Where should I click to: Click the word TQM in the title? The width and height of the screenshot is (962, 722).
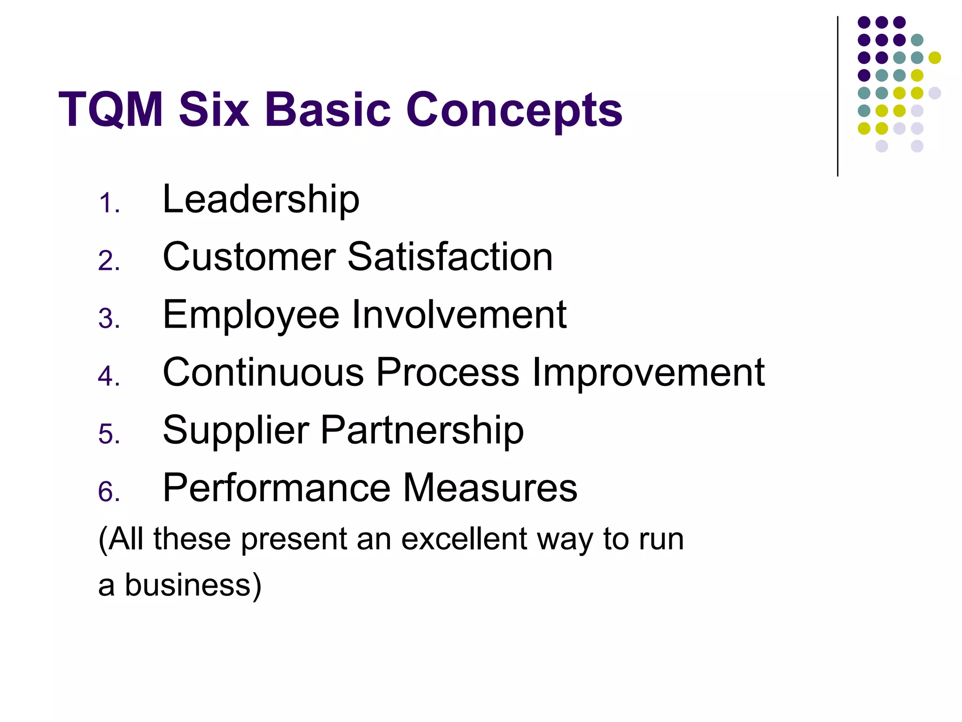click(x=111, y=110)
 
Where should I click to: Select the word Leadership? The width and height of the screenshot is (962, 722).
click(x=261, y=199)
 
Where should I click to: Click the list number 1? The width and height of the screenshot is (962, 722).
click(x=109, y=204)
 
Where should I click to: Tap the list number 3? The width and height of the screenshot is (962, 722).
click(x=109, y=319)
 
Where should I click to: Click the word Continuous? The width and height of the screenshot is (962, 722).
click(x=263, y=372)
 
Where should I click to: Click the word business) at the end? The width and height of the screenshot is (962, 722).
click(x=193, y=586)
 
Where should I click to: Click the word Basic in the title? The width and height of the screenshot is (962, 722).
click(x=327, y=110)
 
